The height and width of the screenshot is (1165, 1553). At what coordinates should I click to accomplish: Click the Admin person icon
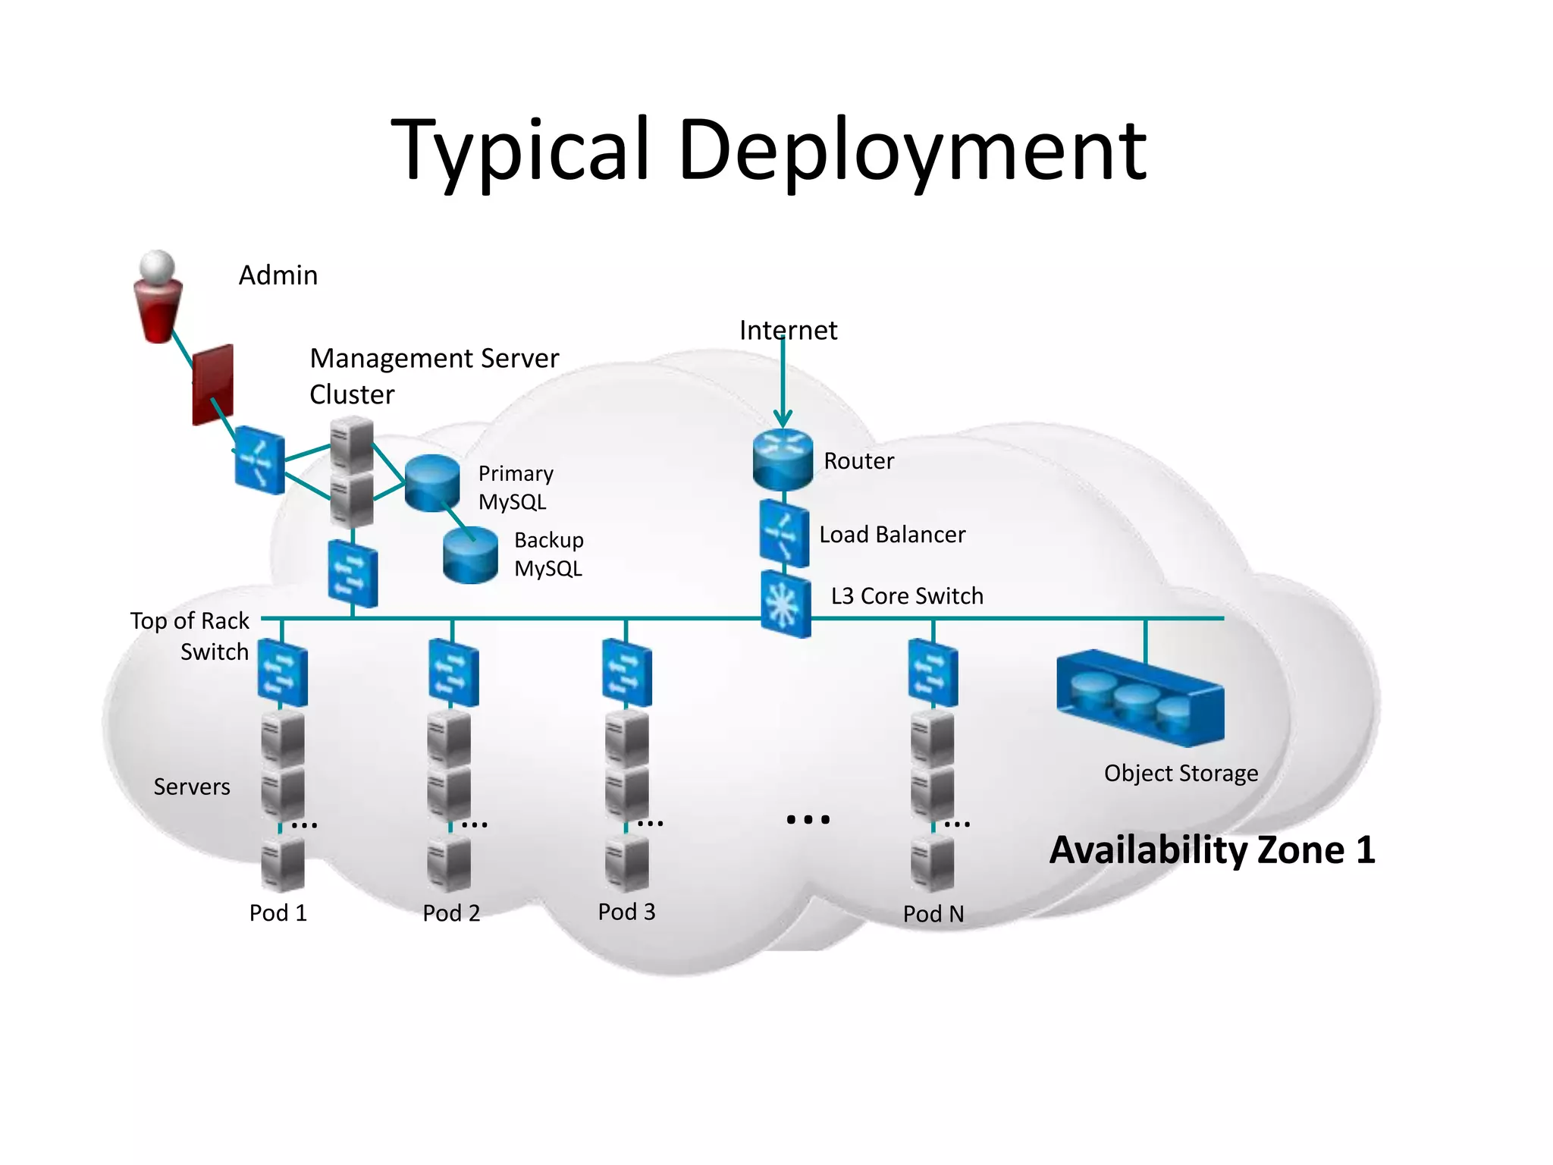pos(158,297)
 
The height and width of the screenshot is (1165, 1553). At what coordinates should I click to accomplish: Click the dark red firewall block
pos(212,385)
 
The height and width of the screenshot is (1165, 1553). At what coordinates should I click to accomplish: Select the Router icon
pos(783,459)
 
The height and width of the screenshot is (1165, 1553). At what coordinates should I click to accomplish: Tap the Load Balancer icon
pos(784,533)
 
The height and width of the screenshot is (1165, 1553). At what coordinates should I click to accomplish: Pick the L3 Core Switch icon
pos(786,604)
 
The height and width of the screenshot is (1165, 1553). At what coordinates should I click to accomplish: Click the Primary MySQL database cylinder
pos(432,482)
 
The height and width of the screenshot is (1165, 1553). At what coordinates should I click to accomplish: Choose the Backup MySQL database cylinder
pos(470,555)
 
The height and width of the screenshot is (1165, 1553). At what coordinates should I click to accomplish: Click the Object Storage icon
pos(1140,698)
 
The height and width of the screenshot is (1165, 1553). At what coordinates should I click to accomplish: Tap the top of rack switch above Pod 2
pos(453,673)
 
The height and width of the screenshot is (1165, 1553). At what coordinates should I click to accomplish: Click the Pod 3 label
pos(626,912)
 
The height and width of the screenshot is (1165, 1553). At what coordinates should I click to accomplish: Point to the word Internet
pos(788,331)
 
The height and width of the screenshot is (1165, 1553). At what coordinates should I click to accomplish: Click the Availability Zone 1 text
pos(1212,849)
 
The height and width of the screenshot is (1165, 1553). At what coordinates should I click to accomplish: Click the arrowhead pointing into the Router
pos(783,419)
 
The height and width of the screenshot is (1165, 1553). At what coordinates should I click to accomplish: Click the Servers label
pos(192,787)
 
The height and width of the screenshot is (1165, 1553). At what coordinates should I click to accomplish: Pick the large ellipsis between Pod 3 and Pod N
pos(808,819)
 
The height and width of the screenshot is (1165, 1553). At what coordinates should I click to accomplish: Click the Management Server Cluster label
pos(434,375)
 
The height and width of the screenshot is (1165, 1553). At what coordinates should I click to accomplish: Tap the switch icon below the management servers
pos(353,574)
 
